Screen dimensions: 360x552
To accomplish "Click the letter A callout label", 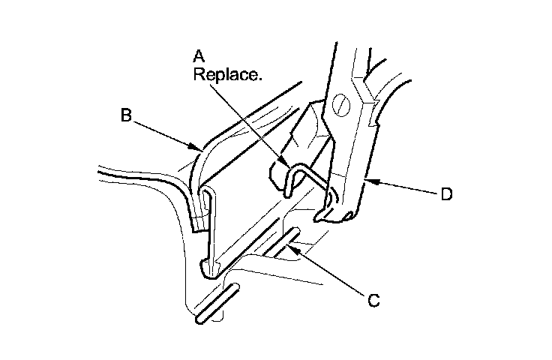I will [199, 56].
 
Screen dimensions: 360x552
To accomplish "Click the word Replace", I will [226, 74].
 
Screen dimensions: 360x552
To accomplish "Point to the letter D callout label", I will [446, 193].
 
